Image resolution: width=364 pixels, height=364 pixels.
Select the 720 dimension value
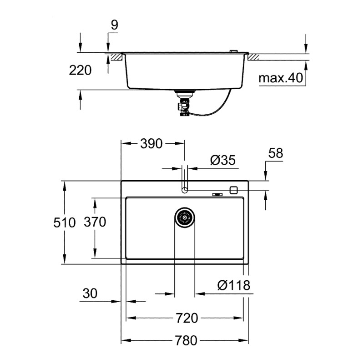187,318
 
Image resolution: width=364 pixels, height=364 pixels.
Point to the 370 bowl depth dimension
95,222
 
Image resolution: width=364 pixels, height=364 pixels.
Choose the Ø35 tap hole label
222,160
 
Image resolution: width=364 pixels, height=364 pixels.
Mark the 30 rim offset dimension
90,294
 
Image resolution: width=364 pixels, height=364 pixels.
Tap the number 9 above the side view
114,25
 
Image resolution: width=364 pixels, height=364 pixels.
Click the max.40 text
280,78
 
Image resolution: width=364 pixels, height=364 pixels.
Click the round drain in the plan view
185,217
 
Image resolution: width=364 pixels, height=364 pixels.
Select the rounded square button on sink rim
235,190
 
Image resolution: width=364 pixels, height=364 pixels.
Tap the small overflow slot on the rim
217,196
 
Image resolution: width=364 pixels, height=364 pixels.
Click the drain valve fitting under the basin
184,104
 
